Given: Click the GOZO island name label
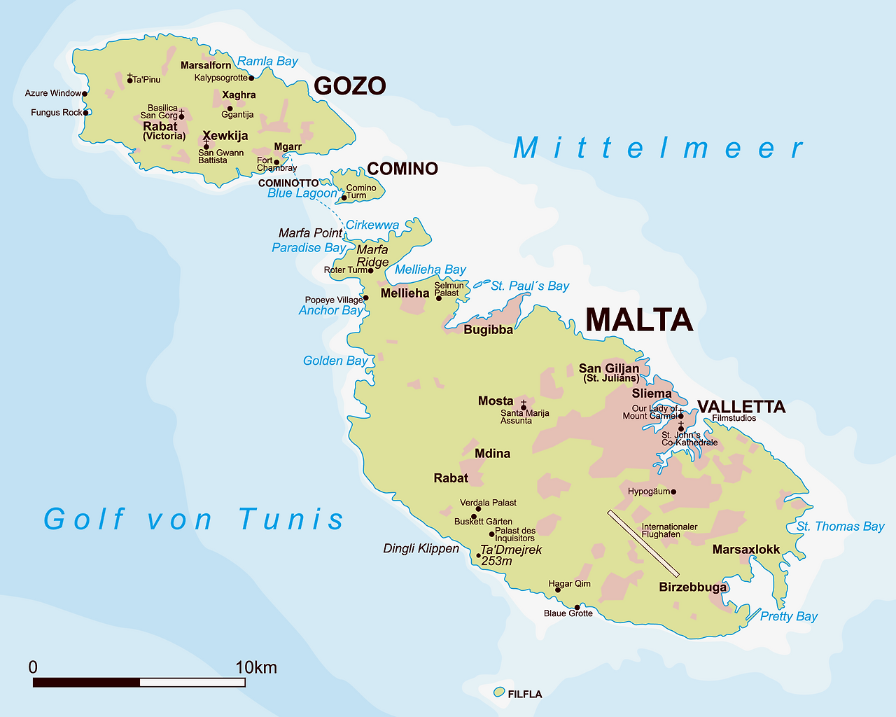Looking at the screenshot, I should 349,86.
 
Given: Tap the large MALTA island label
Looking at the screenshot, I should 638,320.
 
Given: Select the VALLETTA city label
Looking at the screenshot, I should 741,407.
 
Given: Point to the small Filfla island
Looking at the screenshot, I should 499,692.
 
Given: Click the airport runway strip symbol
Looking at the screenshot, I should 643,544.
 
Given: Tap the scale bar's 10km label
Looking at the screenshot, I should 256,667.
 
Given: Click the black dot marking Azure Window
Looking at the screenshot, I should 85,93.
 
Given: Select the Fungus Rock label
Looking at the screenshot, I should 56,113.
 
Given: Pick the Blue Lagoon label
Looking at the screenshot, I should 302,193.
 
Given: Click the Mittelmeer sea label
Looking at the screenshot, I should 658,148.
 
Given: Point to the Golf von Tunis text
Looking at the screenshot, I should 194,520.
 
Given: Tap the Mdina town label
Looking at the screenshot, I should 492,454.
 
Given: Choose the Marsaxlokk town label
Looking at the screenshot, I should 745,550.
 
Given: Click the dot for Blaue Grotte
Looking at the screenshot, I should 577,607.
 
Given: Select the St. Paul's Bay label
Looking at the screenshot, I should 530,286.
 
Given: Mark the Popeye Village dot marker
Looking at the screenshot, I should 365,298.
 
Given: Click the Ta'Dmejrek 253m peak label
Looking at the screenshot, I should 510,555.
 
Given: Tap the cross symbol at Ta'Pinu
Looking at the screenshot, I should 129,76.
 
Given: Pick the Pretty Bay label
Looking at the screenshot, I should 788,616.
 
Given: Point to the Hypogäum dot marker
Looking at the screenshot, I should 673,492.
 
